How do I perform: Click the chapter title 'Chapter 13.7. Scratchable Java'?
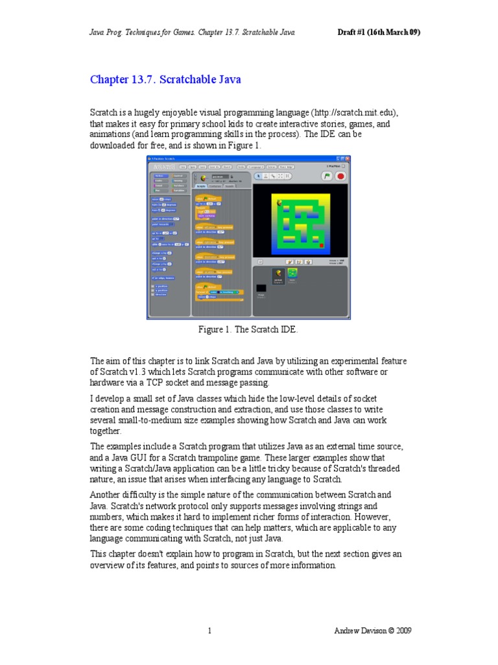pyautogui.click(x=165, y=80)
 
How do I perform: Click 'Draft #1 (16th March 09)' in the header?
pyautogui.click(x=370, y=32)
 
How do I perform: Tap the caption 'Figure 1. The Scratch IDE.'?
pyautogui.click(x=248, y=330)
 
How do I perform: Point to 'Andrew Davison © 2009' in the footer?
pyautogui.click(x=372, y=631)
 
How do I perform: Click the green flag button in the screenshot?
pyautogui.click(x=327, y=175)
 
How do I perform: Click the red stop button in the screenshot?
pyautogui.click(x=340, y=175)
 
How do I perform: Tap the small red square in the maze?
pyautogui.click(x=321, y=245)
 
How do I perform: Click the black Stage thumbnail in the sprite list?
pyautogui.click(x=261, y=288)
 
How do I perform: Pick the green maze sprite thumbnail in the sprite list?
pyautogui.click(x=292, y=273)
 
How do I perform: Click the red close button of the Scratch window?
pyautogui.click(x=348, y=158)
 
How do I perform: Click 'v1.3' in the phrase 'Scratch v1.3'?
pyautogui.click(x=142, y=371)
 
